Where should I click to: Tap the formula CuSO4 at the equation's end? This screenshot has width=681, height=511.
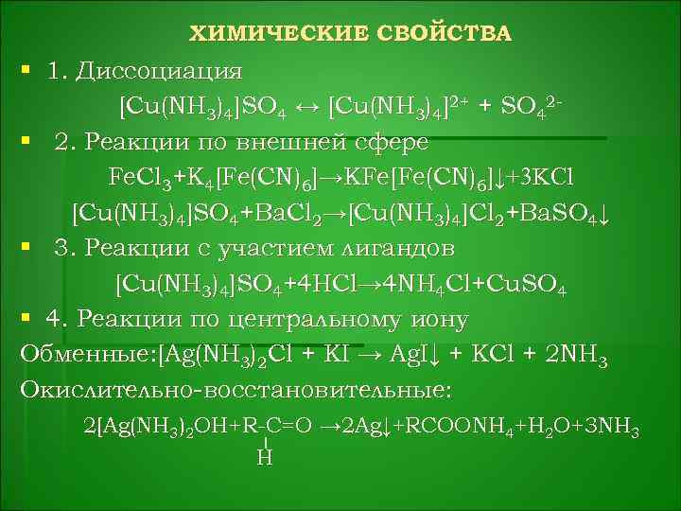point(526,284)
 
